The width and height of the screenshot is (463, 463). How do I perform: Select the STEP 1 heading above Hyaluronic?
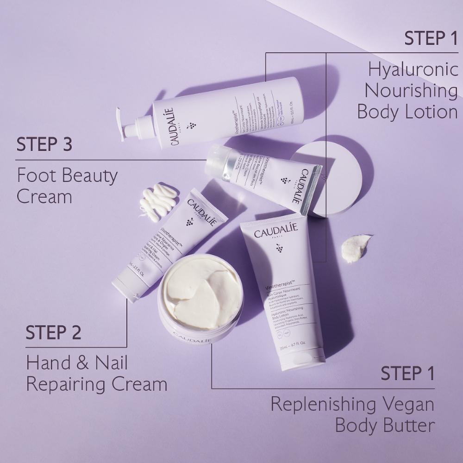coord(431,38)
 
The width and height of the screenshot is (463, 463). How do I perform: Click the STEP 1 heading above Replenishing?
coord(407,373)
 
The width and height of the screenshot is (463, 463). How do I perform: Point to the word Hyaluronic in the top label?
coord(413,70)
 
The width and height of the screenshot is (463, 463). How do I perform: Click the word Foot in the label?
coord(37,176)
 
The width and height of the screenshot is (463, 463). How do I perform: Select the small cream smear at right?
coord(355,247)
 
